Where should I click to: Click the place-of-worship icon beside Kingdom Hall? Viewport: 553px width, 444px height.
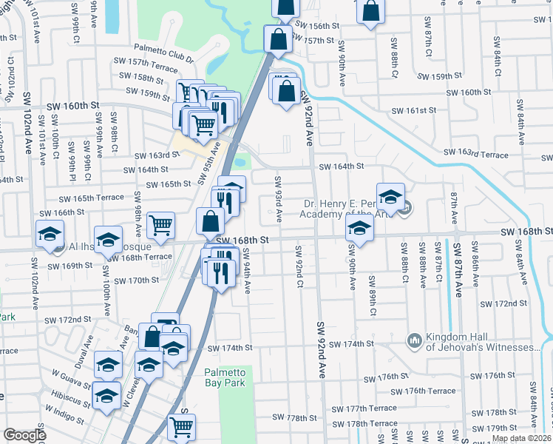coord(414,341)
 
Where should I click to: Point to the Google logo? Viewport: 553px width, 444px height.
coord(24,435)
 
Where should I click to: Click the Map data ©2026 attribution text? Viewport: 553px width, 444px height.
coord(522,438)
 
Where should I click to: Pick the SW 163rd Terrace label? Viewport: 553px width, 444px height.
coord(476,155)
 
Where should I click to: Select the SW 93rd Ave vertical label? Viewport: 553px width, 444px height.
coord(279,200)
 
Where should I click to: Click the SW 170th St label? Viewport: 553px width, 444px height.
coord(134,280)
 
